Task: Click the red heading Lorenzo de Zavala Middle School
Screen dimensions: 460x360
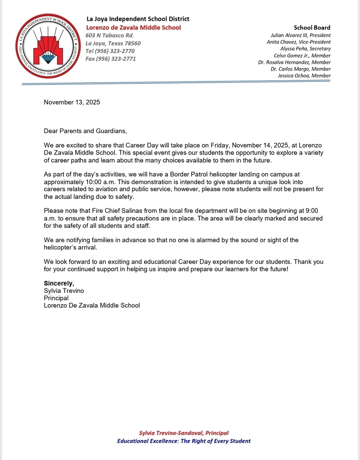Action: pos(133,27)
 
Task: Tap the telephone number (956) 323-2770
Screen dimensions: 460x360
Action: pos(110,51)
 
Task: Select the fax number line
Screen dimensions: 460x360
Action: pos(110,59)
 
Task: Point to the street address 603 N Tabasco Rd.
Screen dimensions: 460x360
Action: pos(110,35)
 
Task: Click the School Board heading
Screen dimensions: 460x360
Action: pos(312,27)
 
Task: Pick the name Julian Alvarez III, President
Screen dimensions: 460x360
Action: pos(300,35)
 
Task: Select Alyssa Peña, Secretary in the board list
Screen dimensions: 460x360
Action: pos(305,49)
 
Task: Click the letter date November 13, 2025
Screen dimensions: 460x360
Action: pos(72,102)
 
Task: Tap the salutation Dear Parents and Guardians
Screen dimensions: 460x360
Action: pos(85,131)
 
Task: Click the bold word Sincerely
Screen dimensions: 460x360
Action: pos(59,283)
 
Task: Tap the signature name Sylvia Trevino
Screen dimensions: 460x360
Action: pos(64,291)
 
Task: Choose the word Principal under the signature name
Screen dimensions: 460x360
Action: pos(56,298)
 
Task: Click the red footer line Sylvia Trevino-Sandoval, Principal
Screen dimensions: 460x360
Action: pos(184,433)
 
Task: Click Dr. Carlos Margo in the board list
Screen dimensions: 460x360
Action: pos(301,69)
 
